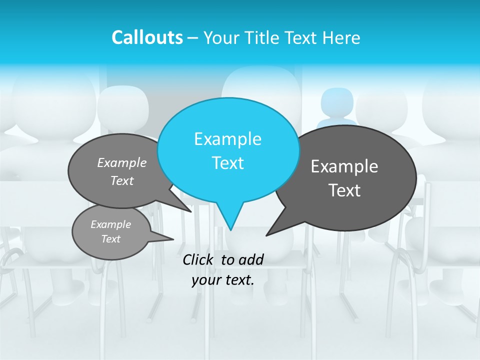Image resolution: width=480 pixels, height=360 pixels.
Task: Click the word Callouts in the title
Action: pos(147,37)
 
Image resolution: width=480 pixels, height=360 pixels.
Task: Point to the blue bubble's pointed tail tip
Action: pos(230,229)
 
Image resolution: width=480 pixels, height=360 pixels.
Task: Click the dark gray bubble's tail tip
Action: pos(266,235)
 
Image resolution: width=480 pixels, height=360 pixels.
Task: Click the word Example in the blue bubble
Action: pos(227,139)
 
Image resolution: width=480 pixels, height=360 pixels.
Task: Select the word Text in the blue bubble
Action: pos(227,163)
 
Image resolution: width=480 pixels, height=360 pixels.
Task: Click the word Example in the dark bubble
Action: pos(344,166)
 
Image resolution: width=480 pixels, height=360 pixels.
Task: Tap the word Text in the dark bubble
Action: pos(344,190)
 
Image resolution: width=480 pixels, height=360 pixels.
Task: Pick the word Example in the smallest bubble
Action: pos(110,224)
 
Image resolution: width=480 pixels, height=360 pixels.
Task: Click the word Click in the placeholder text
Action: pos(198,259)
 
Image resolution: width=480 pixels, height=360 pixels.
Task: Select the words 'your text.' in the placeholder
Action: pos(222,280)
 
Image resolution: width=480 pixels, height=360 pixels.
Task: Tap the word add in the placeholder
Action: pos(251,259)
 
